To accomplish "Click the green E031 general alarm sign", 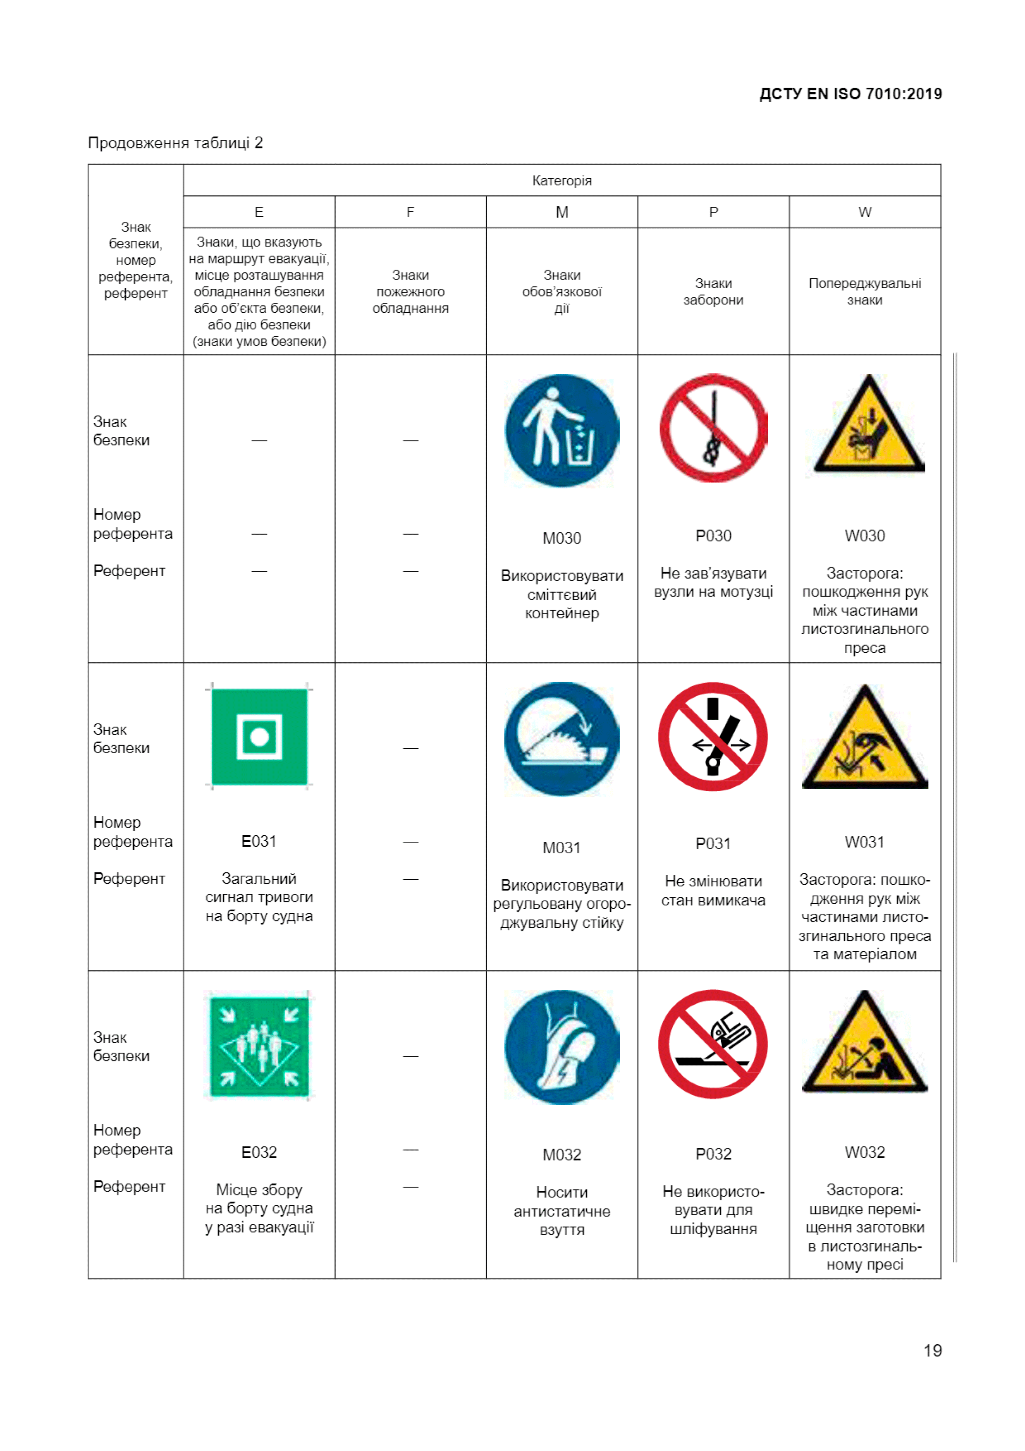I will pos(259,736).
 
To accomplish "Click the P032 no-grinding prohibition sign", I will pos(712,1044).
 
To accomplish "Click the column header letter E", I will pos(259,212).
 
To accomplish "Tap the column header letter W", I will pos(865,212).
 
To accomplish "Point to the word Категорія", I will pos(561,181).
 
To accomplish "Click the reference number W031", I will pos(865,842).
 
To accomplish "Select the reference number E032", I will pos(259,1152).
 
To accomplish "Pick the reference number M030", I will pos(561,539).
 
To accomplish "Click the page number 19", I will pos(932,1350).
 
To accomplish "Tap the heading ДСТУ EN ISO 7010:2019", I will pos(850,94).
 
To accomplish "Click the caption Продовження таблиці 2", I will pos(176,143).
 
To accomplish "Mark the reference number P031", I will pos(713,844).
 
